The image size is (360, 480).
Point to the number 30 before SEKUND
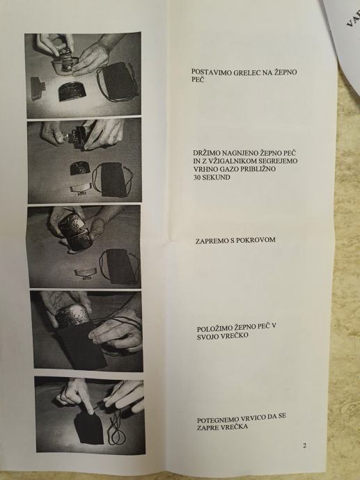(197, 177)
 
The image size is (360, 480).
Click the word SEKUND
(217, 177)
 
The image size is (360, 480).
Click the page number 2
(304, 446)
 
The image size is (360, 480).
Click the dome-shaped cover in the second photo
(81, 168)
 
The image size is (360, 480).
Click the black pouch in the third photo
(118, 266)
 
